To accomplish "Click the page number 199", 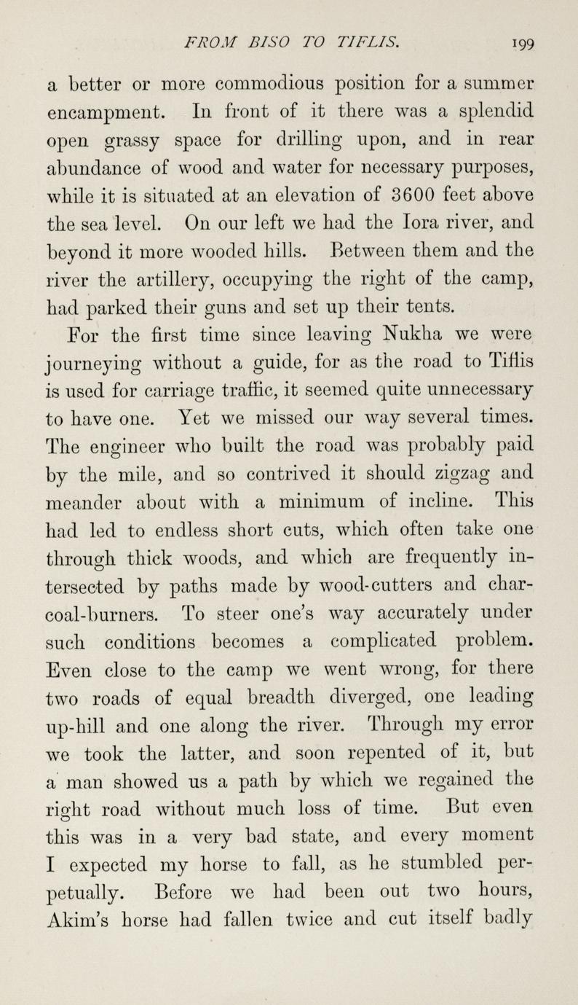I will click(x=522, y=43).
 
